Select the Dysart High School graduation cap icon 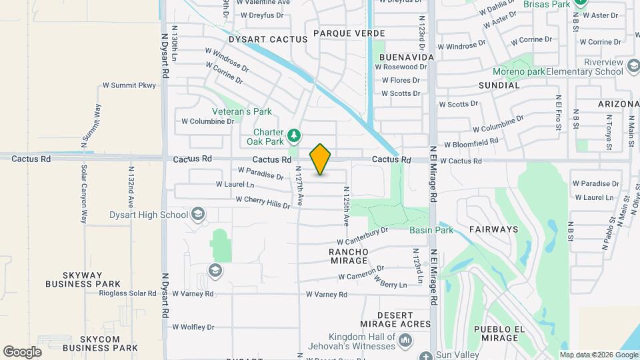point(197,214)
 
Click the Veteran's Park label point(242,111)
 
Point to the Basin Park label point(431,230)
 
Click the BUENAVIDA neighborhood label point(407,57)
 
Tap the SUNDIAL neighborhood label point(499,85)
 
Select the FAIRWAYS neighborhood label point(493,229)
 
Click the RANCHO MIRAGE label point(349,257)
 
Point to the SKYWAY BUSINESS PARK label point(83,279)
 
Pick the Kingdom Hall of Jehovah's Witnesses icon point(405,342)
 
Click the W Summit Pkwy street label point(129,85)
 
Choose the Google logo point(22,351)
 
